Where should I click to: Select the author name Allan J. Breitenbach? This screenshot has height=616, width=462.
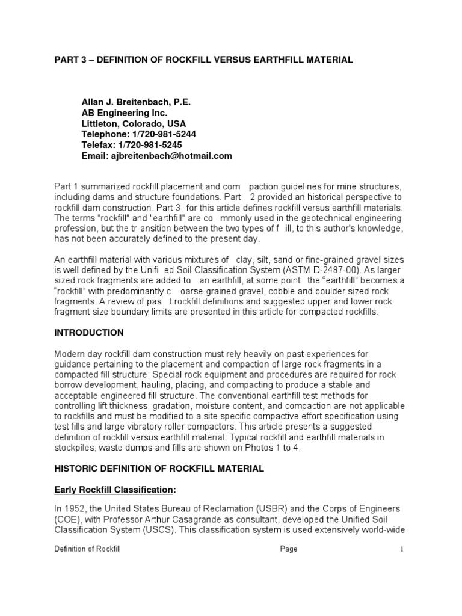coord(136,102)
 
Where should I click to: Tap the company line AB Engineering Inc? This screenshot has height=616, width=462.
coord(125,113)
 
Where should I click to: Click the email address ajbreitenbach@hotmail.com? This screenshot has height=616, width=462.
coord(171,156)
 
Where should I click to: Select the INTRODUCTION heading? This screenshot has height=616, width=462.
coord(89,333)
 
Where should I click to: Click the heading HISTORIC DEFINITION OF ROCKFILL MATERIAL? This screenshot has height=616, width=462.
coord(159,469)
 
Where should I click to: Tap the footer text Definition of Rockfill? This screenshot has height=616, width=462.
coord(88,549)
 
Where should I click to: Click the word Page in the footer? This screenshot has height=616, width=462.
coord(289,549)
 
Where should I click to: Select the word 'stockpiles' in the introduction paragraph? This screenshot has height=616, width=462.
coord(75,448)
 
